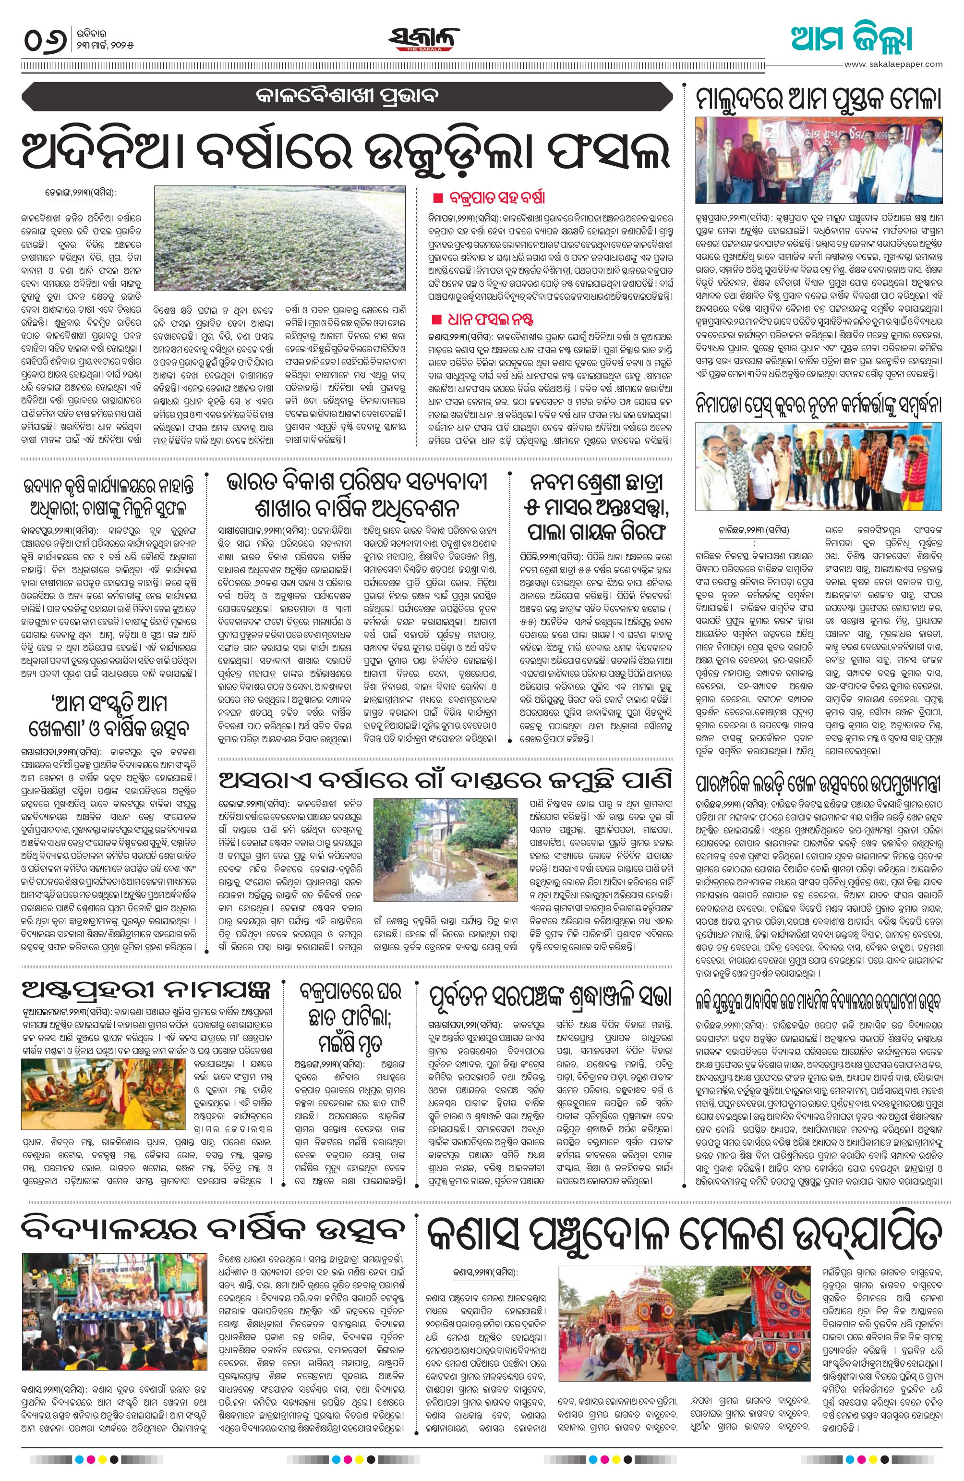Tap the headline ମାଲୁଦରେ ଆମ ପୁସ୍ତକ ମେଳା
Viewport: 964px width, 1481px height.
click(x=819, y=99)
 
